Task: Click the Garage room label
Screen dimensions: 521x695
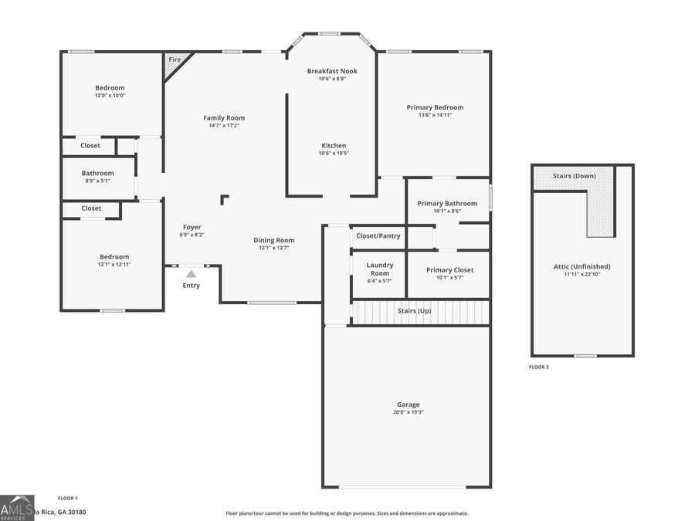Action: pyautogui.click(x=409, y=404)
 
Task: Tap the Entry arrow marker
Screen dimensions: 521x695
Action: pyautogui.click(x=191, y=273)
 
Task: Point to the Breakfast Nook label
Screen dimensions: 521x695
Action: pyautogui.click(x=332, y=71)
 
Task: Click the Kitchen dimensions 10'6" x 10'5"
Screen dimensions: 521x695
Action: pyautogui.click(x=334, y=154)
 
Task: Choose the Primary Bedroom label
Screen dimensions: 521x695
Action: pyautogui.click(x=435, y=107)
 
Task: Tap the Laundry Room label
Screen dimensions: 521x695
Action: pyautogui.click(x=379, y=269)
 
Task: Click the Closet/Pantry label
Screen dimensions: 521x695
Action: pyautogui.click(x=378, y=235)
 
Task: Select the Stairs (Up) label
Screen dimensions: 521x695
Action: pyautogui.click(x=414, y=310)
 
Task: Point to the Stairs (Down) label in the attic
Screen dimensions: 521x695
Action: pyautogui.click(x=575, y=176)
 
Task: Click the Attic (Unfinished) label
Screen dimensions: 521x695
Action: pyautogui.click(x=582, y=266)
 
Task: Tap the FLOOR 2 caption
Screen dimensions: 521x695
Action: pyautogui.click(x=539, y=367)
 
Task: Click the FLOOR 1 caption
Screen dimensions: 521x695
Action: pyautogui.click(x=68, y=498)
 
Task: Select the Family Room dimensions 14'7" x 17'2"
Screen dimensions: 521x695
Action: pyautogui.click(x=224, y=126)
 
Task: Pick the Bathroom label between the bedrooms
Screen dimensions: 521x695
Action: pyautogui.click(x=98, y=173)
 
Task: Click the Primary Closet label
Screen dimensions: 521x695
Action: pyautogui.click(x=450, y=269)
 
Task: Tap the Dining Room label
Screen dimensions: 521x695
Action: pyautogui.click(x=274, y=240)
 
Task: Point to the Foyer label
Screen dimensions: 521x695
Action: pyautogui.click(x=192, y=227)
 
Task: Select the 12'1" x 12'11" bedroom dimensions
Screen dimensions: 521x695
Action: pyautogui.click(x=114, y=265)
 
